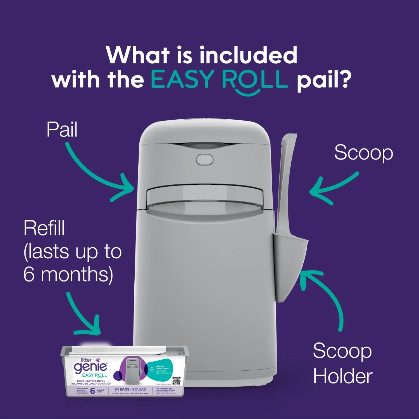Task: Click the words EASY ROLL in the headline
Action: (219, 79)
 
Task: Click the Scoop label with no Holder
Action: (363, 153)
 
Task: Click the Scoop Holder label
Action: (342, 363)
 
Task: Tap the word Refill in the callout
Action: (44, 228)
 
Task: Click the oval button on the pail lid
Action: (204, 160)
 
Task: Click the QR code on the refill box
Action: (176, 380)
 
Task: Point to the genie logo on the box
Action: (90, 366)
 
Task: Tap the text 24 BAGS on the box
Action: (122, 389)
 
